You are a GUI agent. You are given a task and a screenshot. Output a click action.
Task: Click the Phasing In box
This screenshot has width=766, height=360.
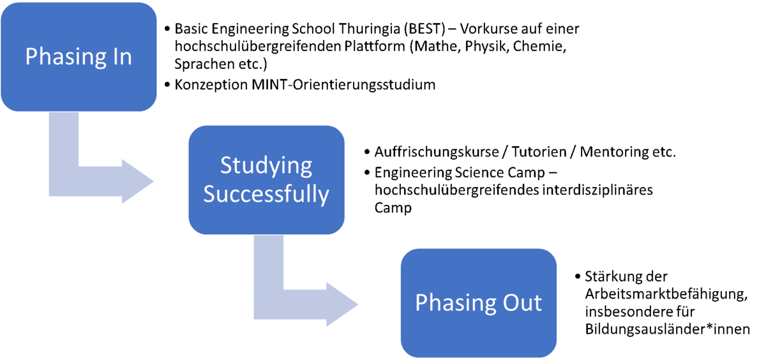[79, 57]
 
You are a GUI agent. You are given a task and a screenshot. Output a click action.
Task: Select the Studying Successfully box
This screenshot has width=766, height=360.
[266, 180]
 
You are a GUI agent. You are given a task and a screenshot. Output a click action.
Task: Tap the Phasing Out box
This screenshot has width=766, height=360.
[478, 303]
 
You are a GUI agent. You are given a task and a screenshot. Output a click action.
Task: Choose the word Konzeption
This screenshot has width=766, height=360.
[211, 85]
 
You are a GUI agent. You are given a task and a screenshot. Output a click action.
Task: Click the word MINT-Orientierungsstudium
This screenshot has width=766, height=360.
[343, 85]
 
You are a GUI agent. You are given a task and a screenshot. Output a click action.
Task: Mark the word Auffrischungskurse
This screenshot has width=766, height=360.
[437, 152]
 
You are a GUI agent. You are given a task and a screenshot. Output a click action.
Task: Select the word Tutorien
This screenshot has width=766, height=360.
[539, 152]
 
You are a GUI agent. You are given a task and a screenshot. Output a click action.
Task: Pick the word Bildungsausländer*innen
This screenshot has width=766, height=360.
[667, 329]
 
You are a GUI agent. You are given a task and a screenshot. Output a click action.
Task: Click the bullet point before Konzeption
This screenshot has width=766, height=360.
[167, 84]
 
